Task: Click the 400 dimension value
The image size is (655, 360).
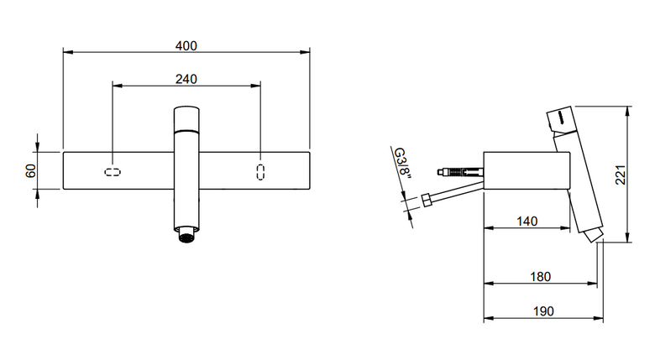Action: (186, 45)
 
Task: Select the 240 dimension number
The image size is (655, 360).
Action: (186, 79)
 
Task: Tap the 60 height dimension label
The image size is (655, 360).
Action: (30, 170)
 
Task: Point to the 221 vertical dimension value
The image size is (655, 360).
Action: (621, 175)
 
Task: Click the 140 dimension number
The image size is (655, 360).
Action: (527, 221)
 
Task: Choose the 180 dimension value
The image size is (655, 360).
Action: (541, 276)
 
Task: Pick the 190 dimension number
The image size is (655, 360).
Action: (543, 311)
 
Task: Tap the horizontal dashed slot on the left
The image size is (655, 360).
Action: (113, 172)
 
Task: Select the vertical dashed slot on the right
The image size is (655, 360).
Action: (260, 172)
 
